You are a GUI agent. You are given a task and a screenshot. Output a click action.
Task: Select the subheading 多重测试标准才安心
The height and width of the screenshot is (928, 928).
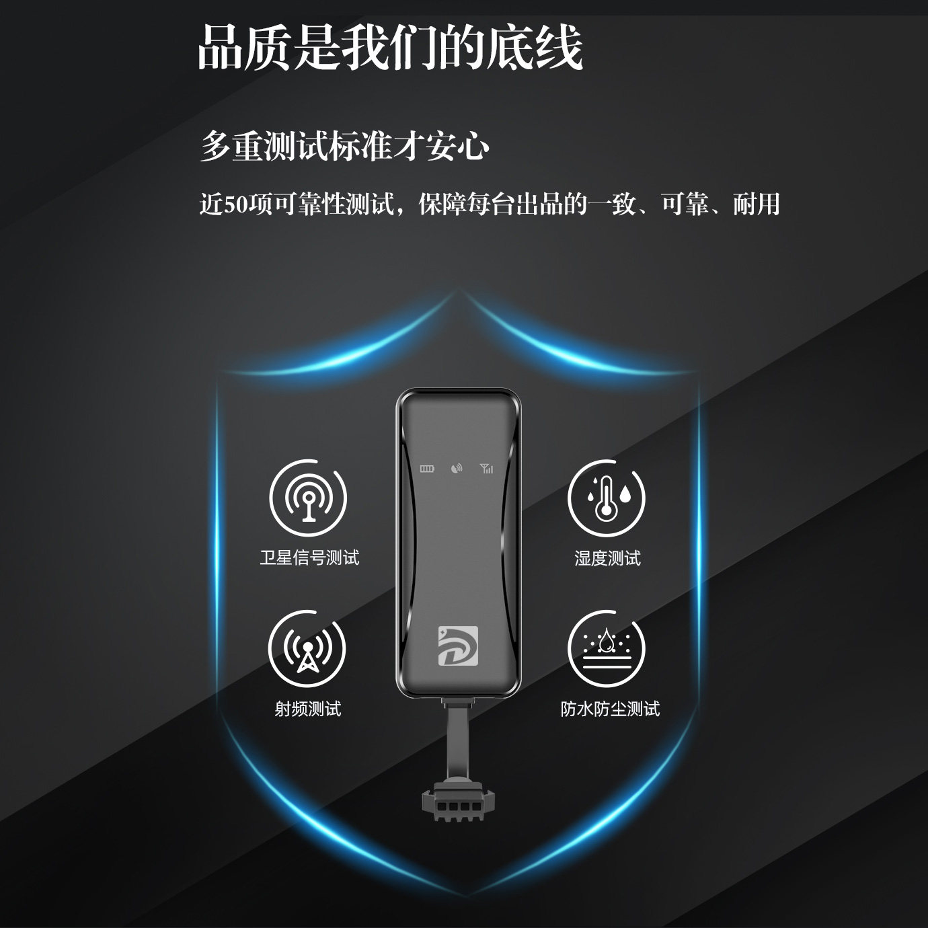click(x=344, y=146)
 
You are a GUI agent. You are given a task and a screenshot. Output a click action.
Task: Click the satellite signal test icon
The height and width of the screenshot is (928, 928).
click(x=308, y=498)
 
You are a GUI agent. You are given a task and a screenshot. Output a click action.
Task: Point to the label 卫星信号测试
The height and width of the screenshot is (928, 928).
click(x=309, y=557)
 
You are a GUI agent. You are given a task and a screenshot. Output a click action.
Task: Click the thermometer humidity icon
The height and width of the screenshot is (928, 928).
click(x=607, y=498)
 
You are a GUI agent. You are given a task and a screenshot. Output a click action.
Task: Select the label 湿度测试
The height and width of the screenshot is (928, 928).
click(x=607, y=558)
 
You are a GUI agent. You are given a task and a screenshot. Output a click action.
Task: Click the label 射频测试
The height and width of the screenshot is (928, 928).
click(x=308, y=709)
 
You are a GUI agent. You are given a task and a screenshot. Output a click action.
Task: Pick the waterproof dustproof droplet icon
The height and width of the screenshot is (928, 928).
click(x=607, y=649)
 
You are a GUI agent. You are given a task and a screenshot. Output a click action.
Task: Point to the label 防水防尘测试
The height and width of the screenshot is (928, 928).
click(x=610, y=709)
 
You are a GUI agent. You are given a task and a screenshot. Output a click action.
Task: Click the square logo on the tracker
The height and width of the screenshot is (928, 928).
click(x=458, y=646)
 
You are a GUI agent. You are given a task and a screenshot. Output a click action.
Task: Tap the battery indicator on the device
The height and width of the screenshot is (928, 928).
click(x=428, y=469)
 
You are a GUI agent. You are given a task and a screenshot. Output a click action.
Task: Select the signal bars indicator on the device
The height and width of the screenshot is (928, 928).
click(x=487, y=469)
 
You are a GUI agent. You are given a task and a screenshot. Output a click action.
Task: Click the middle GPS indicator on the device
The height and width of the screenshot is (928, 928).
click(x=457, y=469)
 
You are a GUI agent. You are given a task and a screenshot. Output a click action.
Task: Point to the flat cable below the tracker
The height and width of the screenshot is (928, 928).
click(x=458, y=740)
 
